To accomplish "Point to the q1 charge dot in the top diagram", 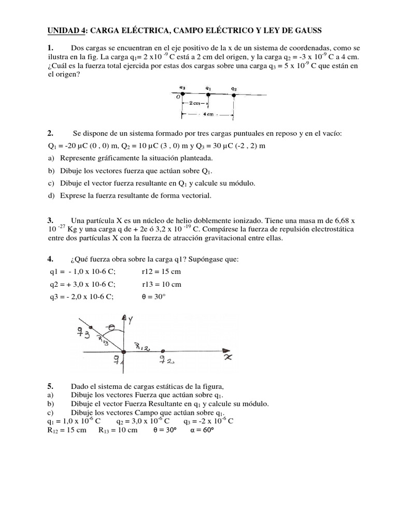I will click(208, 94).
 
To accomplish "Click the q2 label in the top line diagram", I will click(234, 88).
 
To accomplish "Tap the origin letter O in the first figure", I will click(177, 97).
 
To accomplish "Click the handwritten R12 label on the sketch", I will click(141, 346).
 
